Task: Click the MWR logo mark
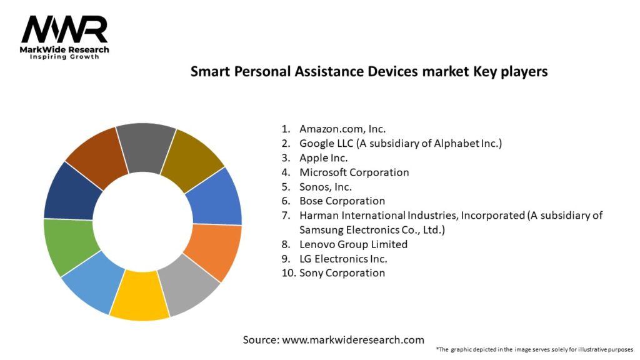pyautogui.click(x=64, y=29)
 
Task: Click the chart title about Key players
pyautogui.click(x=369, y=72)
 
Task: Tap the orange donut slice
pyautogui.click(x=212, y=250)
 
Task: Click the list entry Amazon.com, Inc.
pyautogui.click(x=342, y=129)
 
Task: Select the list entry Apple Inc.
pyautogui.click(x=324, y=158)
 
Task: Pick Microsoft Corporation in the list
pyautogui.click(x=354, y=172)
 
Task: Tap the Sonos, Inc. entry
pyautogui.click(x=326, y=187)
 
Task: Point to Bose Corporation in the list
pyautogui.click(x=342, y=201)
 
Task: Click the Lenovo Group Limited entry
pyautogui.click(x=353, y=244)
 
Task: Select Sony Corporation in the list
pyautogui.click(x=342, y=273)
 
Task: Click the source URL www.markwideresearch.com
pyautogui.click(x=353, y=340)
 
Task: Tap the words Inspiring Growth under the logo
pyautogui.click(x=64, y=57)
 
